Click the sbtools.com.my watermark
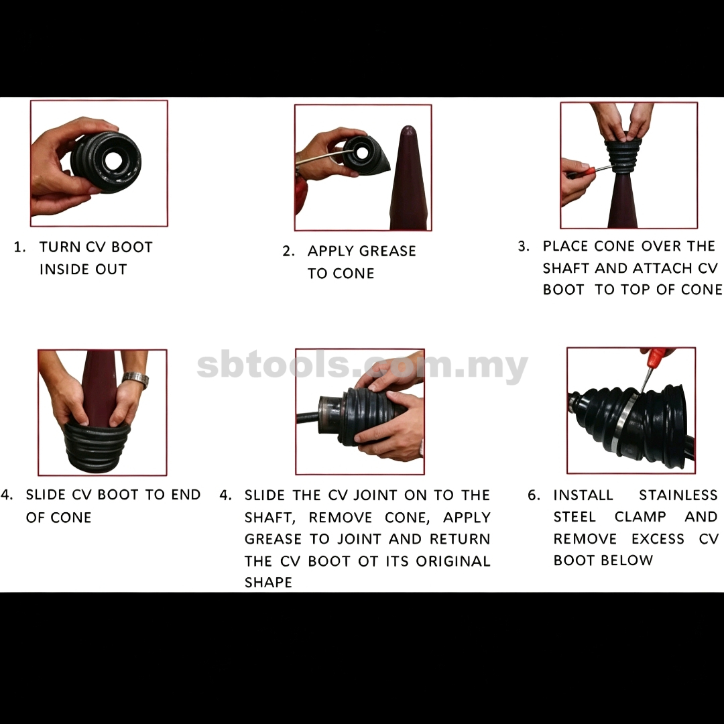tap(362, 366)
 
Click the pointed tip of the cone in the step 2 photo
tap(408, 127)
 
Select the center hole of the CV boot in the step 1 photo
tap(113, 160)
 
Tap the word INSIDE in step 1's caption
tap(63, 269)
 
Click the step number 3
tap(523, 246)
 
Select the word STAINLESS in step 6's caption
tap(678, 495)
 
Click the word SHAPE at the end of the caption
tap(268, 583)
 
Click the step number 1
tap(19, 247)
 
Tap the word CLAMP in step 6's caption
tap(640, 517)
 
